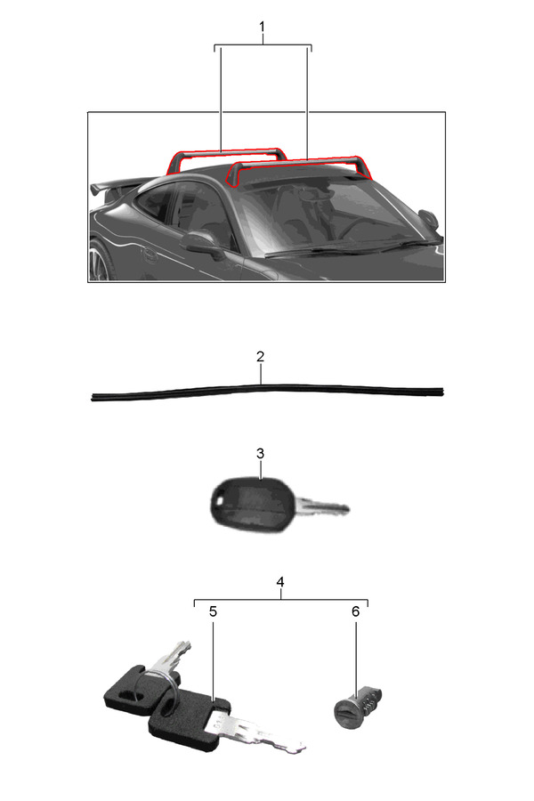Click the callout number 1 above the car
(x=263, y=27)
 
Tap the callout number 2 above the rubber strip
(x=260, y=357)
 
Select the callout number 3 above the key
(x=260, y=454)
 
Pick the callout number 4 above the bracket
(x=280, y=582)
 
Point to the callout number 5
(x=213, y=611)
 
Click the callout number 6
(x=356, y=611)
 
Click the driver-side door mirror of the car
(x=202, y=243)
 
